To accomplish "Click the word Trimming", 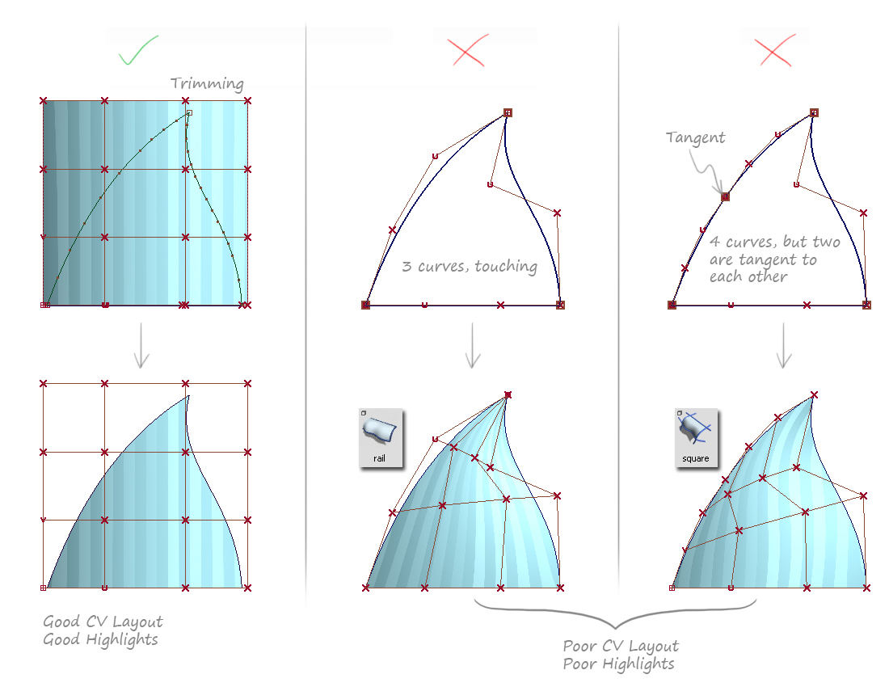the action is pyautogui.click(x=207, y=84).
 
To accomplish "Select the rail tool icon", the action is pyautogui.click(x=381, y=437).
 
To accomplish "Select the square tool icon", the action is pyautogui.click(x=696, y=437).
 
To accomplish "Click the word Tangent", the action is pyautogui.click(x=695, y=137).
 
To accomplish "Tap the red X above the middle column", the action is pyautogui.click(x=468, y=50).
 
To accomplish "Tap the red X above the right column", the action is pyautogui.click(x=775, y=50).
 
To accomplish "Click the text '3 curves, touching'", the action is pyautogui.click(x=470, y=267).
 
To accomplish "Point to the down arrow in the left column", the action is pyautogui.click(x=141, y=346).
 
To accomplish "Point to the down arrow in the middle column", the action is pyautogui.click(x=472, y=346).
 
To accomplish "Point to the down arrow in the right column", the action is pyautogui.click(x=784, y=346).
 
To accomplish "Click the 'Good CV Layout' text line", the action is pyautogui.click(x=103, y=622).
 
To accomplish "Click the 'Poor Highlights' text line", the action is pyautogui.click(x=618, y=664).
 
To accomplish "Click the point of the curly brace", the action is pyautogui.click(x=615, y=628).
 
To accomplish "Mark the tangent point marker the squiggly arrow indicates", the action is pyautogui.click(x=725, y=196).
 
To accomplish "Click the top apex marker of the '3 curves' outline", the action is pyautogui.click(x=508, y=113).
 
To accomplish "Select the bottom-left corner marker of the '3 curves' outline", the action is pyautogui.click(x=365, y=305).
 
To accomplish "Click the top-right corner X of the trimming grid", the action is pyautogui.click(x=247, y=101).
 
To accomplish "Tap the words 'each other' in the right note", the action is pyautogui.click(x=748, y=276).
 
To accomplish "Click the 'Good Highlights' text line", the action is pyautogui.click(x=100, y=640).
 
